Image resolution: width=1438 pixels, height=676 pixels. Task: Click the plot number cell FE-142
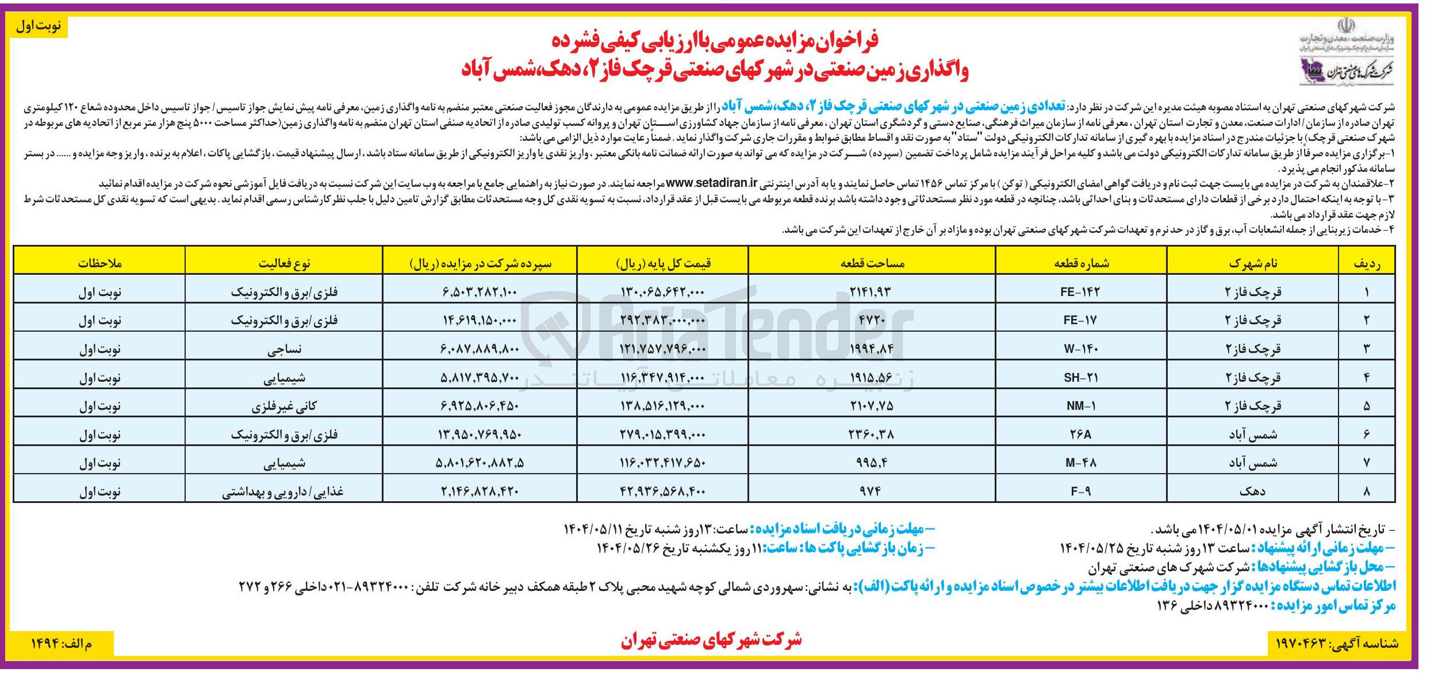tap(1080, 292)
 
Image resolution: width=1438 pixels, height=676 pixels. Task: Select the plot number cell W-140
tap(1080, 349)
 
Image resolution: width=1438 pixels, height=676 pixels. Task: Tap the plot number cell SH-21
tap(1080, 378)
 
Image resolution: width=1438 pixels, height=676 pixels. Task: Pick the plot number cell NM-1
tap(1080, 406)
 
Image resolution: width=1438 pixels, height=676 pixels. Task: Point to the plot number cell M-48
tap(1080, 463)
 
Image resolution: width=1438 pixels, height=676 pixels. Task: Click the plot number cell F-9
tap(1080, 491)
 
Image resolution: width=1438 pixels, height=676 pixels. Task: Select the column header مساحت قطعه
tap(872, 263)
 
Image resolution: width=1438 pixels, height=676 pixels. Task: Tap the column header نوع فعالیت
tap(284, 263)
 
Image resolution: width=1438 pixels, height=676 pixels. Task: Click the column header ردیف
tap(1366, 263)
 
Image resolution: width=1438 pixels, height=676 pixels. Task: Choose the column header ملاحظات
tap(99, 263)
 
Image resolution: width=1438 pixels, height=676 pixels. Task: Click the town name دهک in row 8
tap(1252, 491)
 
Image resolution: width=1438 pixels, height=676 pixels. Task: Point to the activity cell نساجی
tap(284, 349)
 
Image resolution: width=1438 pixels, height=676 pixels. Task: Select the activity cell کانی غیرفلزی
tap(284, 406)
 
